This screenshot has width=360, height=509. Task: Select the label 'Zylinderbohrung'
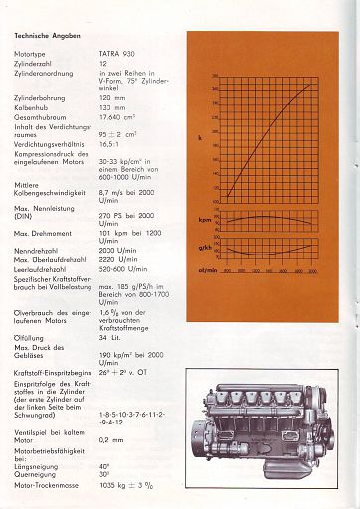coord(41,99)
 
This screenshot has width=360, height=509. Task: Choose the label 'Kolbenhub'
coord(33,108)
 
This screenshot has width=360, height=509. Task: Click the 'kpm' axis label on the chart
coord(204,219)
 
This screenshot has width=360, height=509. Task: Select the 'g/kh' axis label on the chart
coord(204,247)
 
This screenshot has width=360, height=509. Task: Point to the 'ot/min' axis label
coord(208,269)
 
